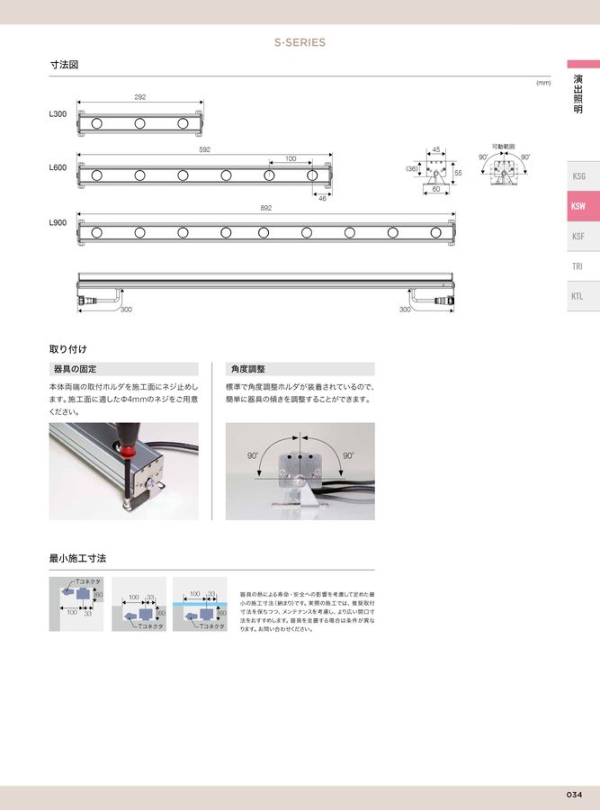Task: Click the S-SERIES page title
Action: [x=300, y=42]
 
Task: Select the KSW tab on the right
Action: [x=578, y=206]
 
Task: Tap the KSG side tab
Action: [x=578, y=176]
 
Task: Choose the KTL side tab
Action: [x=578, y=295]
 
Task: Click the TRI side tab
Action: [x=578, y=266]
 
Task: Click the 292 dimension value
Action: [x=139, y=96]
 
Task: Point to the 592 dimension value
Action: [x=204, y=150]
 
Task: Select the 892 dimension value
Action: [x=265, y=208]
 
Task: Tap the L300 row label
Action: [x=58, y=115]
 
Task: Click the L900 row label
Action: [x=58, y=221]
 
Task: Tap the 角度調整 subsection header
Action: [x=249, y=369]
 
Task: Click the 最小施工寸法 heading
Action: [x=77, y=559]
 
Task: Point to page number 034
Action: [x=575, y=795]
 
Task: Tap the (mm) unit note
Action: [x=542, y=83]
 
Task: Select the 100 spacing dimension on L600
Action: [x=290, y=159]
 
